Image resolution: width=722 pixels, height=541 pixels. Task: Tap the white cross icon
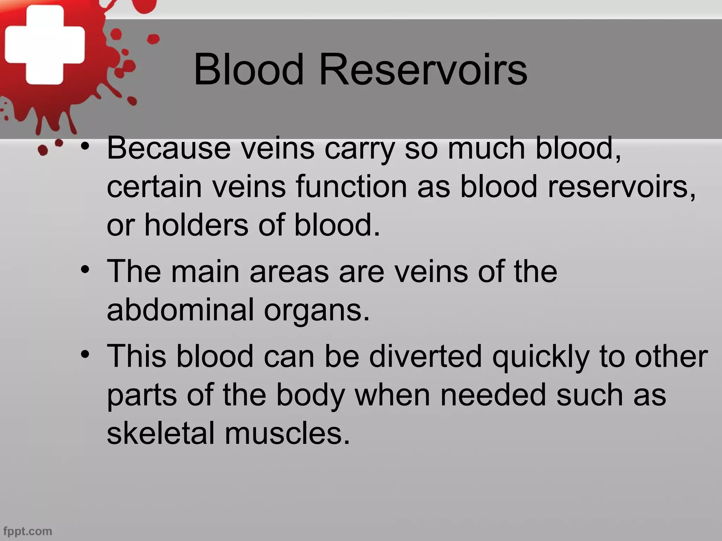45,45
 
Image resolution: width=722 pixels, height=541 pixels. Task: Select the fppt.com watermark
28,531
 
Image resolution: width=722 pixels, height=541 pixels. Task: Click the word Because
169,148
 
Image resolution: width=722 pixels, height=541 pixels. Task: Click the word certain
154,187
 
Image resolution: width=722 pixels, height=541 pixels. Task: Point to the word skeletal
161,433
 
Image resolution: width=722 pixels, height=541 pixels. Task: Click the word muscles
287,433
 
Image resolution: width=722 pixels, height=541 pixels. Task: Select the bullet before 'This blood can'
85,355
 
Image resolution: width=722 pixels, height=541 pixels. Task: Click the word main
205,271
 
